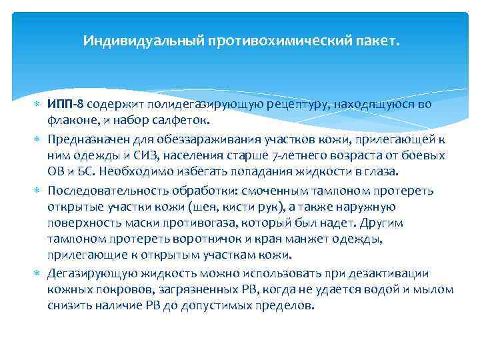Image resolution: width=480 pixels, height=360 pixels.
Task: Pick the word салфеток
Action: pyautogui.click(x=183, y=121)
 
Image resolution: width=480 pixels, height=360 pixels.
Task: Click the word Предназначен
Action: pyautogui.click(x=83, y=139)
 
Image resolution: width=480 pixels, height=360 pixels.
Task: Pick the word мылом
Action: pyautogui.click(x=437, y=290)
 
